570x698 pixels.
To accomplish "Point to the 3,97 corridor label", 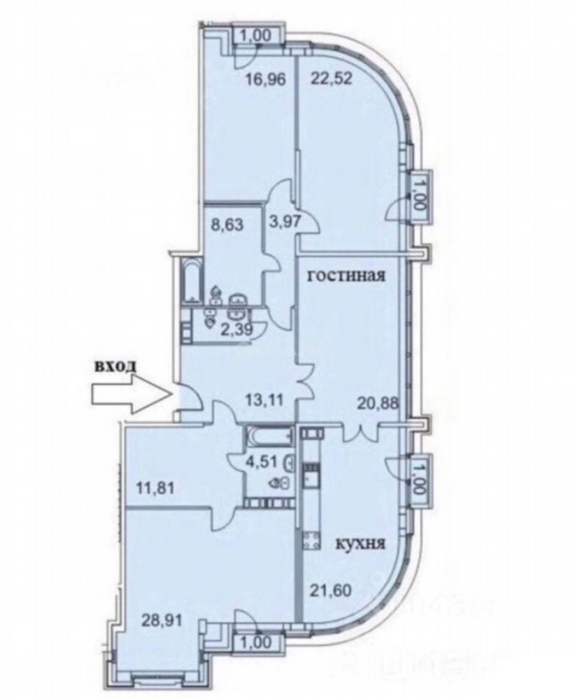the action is (x=285, y=221).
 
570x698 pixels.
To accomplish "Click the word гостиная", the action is (x=347, y=276).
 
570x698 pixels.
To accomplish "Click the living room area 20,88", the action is (x=378, y=405).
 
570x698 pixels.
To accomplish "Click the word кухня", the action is (x=360, y=544).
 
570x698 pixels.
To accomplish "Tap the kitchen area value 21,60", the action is (x=331, y=591).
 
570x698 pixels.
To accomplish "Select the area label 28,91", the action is (x=161, y=620).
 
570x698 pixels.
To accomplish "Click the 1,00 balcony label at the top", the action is (x=256, y=36).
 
